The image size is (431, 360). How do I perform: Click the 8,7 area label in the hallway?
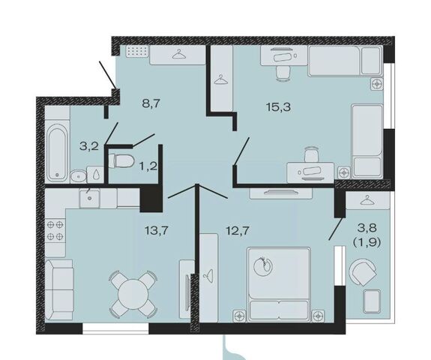click(151, 104)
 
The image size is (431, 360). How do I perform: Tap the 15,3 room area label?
click(278, 106)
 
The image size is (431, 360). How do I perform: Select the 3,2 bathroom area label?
click(88, 146)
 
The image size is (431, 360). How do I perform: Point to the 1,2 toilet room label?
click(148, 166)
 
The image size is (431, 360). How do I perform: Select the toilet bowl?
click(121, 160)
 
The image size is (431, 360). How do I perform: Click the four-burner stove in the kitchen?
click(55, 230)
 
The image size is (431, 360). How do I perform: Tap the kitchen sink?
click(89, 198)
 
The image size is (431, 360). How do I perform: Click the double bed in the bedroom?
click(279, 284)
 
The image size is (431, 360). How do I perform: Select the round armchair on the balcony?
click(362, 272)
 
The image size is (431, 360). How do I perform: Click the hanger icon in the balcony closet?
click(367, 200)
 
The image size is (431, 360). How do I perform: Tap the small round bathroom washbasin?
click(79, 176)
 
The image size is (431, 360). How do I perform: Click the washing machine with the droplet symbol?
click(95, 174)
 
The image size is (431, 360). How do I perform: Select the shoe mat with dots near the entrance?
click(137, 52)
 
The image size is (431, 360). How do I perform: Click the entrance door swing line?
click(108, 74)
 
